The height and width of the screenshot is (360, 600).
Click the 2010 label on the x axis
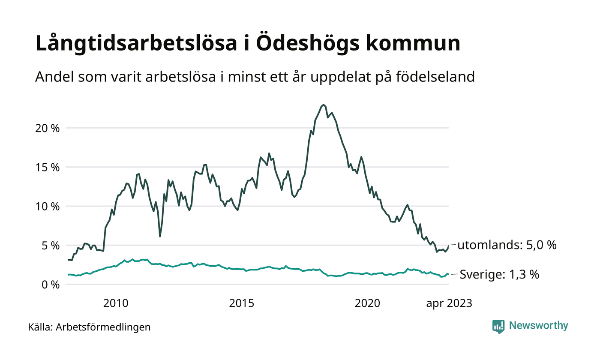(x=116, y=303)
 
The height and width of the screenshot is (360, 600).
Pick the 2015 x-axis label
(x=242, y=303)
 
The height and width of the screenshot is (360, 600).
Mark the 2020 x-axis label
(x=368, y=303)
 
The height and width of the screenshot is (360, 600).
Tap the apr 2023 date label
(x=449, y=303)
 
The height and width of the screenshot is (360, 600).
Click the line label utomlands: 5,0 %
(x=507, y=245)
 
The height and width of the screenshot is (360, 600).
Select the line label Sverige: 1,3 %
(x=499, y=274)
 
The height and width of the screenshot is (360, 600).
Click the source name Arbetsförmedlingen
(x=103, y=327)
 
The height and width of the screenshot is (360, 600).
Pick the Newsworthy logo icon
(x=498, y=326)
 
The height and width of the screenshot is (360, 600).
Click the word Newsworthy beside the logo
(x=538, y=326)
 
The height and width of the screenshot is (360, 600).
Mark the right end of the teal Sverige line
(x=448, y=274)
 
